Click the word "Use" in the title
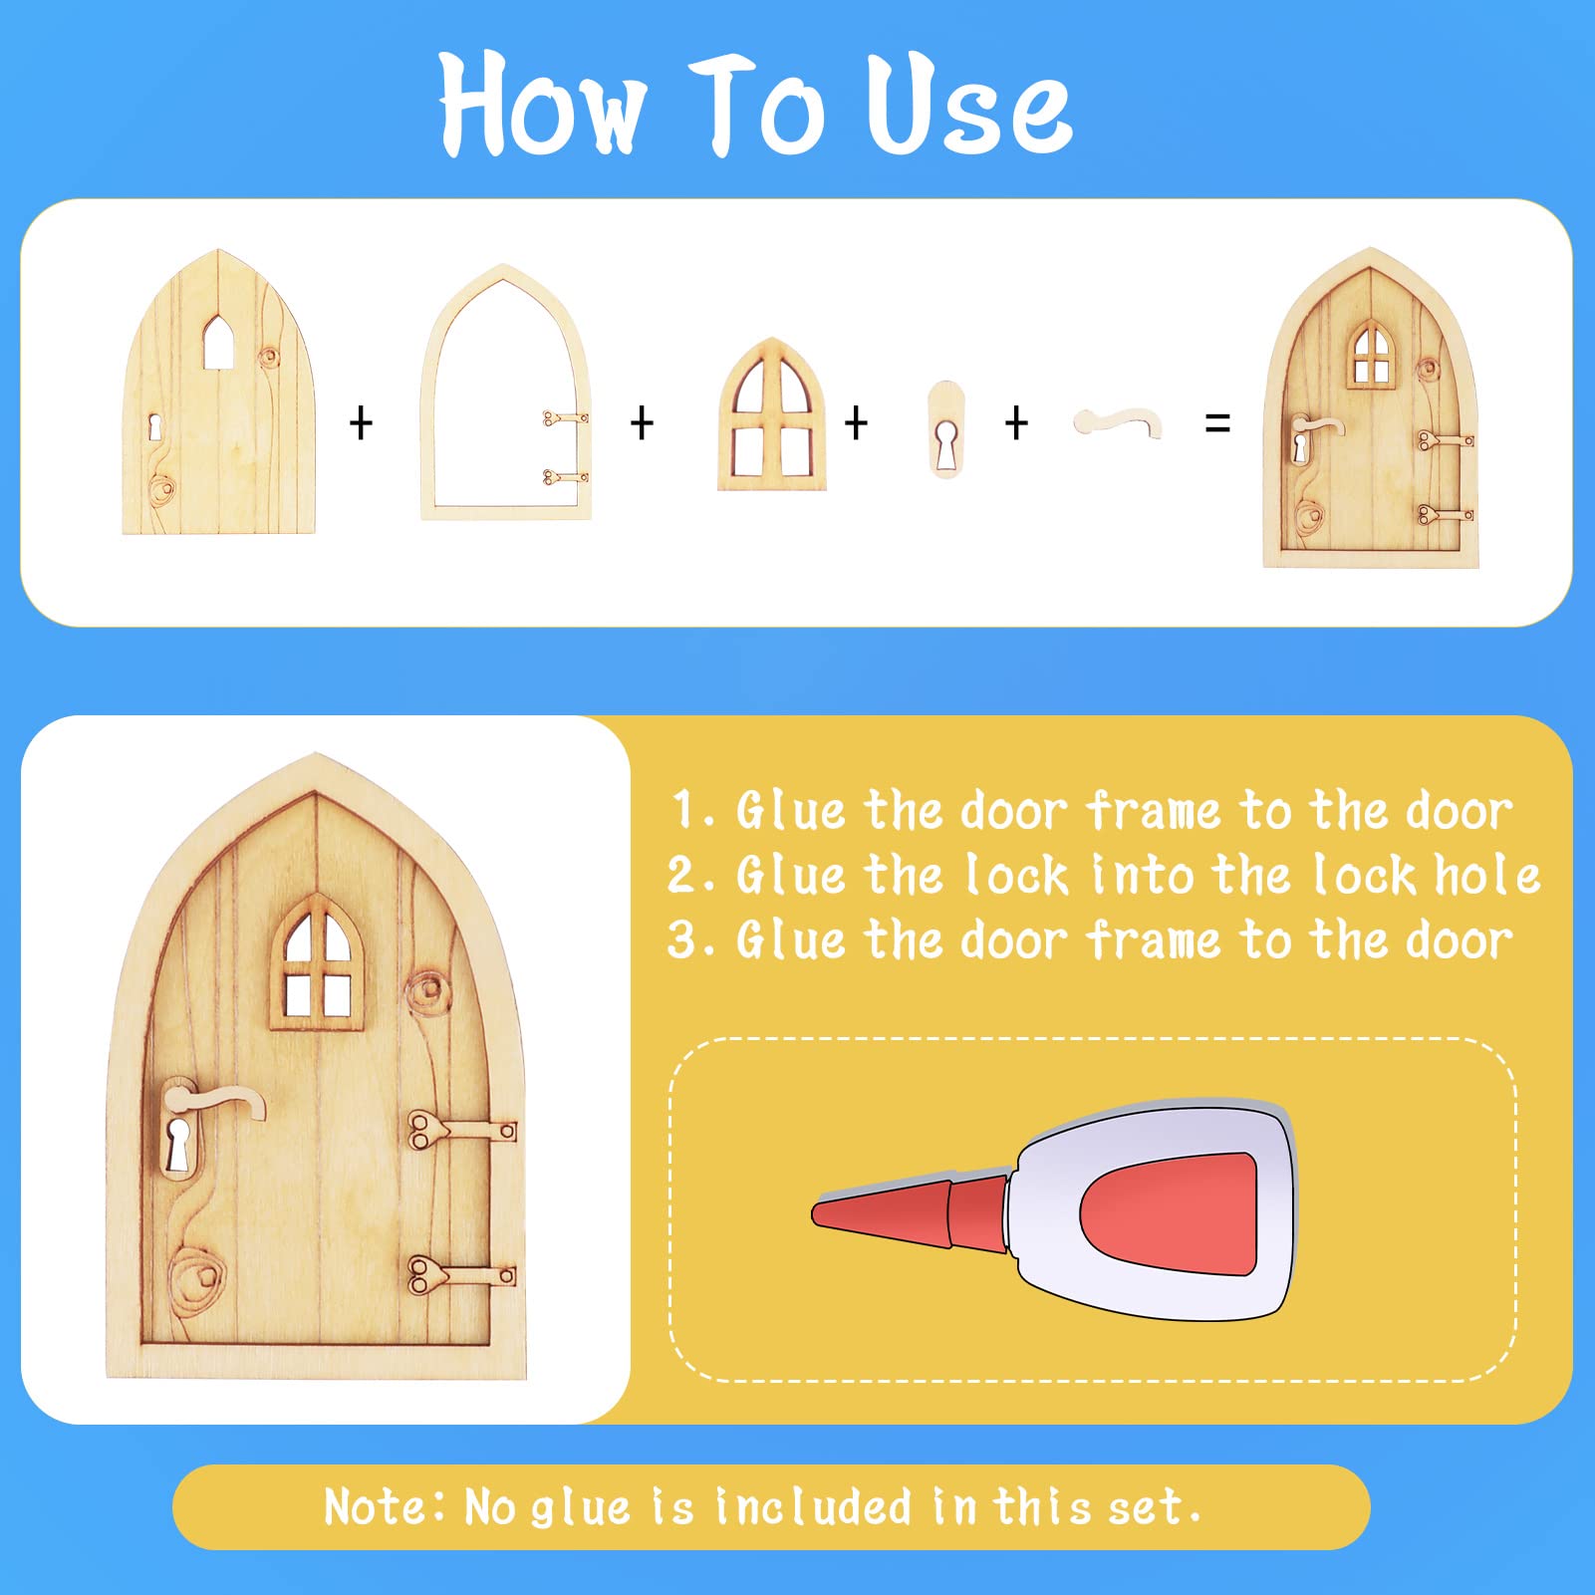click(x=968, y=106)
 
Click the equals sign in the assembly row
click(x=1217, y=423)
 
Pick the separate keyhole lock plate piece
click(x=945, y=428)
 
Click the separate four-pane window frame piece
click(x=772, y=414)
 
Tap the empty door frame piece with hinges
click(x=423, y=418)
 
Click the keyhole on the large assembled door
click(x=178, y=1144)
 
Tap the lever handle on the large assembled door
click(x=214, y=1099)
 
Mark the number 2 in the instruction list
click(x=683, y=876)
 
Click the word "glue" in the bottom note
click(x=581, y=1508)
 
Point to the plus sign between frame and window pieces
click(x=643, y=423)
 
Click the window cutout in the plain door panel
click(x=219, y=343)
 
